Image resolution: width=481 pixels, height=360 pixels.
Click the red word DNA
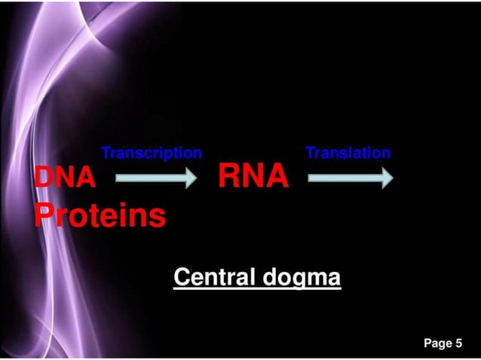[x=66, y=178]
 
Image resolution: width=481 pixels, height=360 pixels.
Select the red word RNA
[x=253, y=178]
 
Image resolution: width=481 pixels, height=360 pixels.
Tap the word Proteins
[x=100, y=216]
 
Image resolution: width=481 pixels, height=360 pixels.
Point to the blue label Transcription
[x=152, y=153]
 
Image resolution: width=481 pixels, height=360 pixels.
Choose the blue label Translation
[x=348, y=153]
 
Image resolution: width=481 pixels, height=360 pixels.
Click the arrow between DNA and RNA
[x=155, y=178]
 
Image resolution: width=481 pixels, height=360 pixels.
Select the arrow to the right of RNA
[x=351, y=178]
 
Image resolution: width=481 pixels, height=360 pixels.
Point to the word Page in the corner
[x=437, y=344]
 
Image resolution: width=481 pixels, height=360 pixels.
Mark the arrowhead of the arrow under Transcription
[x=188, y=178]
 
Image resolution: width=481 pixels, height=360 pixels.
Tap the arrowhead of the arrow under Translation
[x=385, y=178]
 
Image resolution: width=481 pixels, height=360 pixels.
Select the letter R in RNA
[x=230, y=178]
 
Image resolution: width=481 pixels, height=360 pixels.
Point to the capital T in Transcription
[x=106, y=153]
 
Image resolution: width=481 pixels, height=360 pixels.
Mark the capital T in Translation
[x=310, y=153]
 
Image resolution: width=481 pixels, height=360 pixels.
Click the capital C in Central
[x=181, y=277]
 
